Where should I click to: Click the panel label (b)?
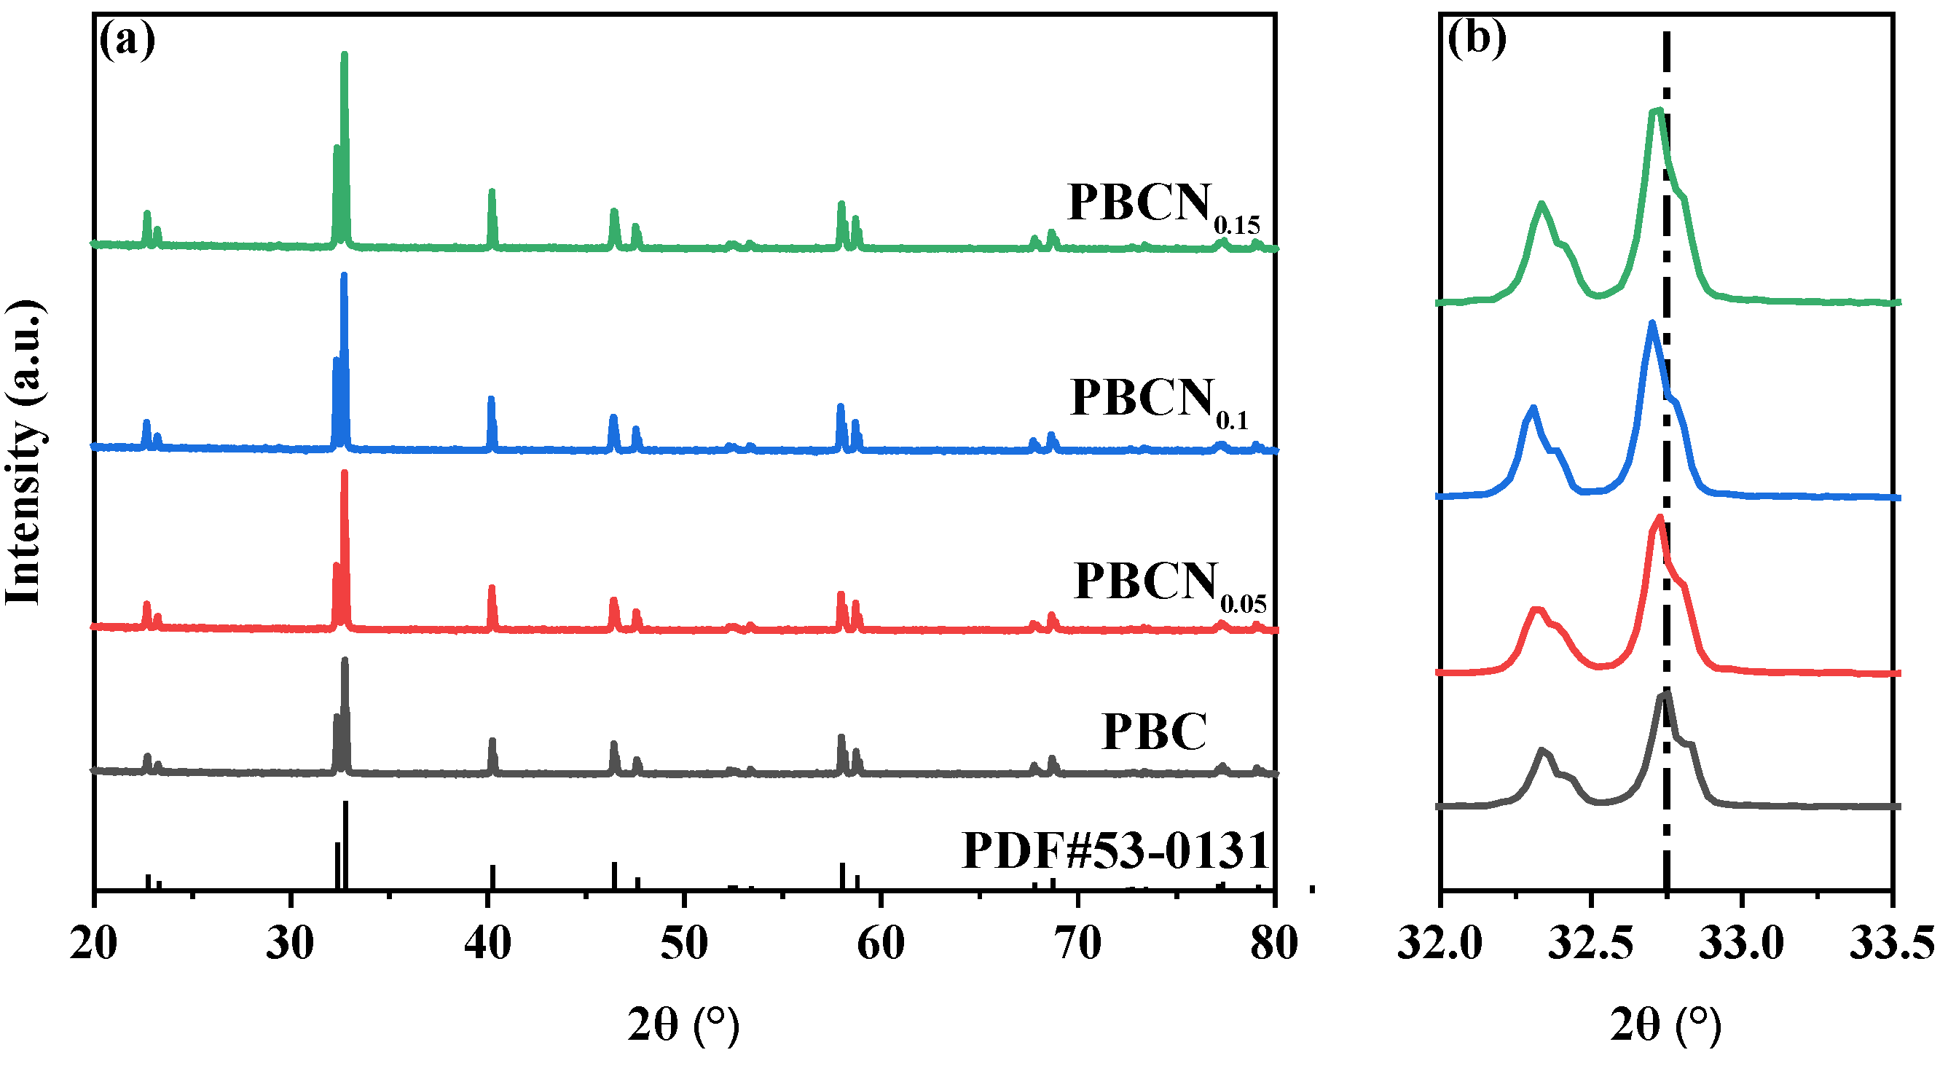point(1475,38)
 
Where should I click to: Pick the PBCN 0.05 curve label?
point(1169,586)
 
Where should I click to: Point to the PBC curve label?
point(1154,732)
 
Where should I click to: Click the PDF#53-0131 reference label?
point(1115,850)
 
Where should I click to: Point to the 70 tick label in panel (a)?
point(1077,944)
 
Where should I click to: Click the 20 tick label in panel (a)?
point(94,944)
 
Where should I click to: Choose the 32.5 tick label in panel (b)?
point(1590,944)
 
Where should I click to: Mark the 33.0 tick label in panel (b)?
point(1741,944)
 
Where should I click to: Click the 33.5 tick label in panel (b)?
point(1891,944)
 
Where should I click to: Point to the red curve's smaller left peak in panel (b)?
point(1536,610)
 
